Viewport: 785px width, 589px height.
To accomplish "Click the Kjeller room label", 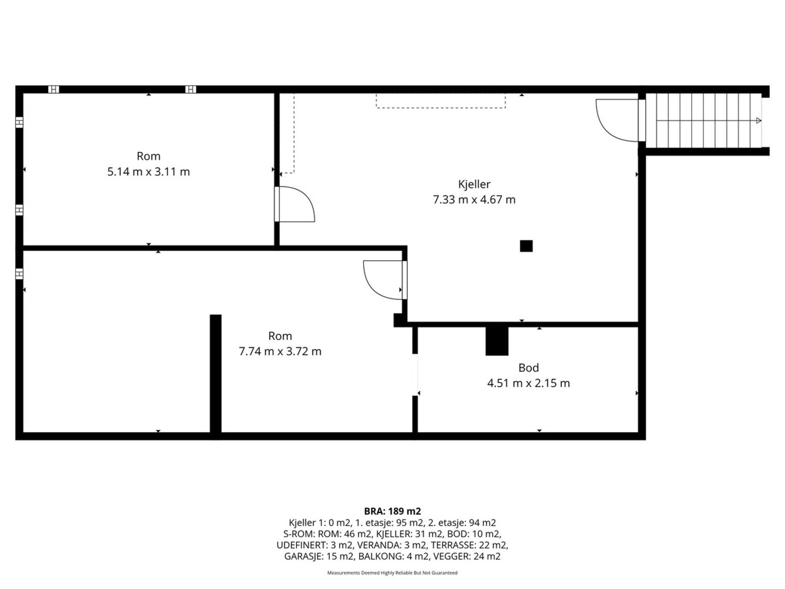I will pyautogui.click(x=474, y=184).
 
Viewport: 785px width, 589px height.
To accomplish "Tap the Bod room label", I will pyautogui.click(x=528, y=368).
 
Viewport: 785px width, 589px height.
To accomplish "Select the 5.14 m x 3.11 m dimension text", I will pyautogui.click(x=148, y=172).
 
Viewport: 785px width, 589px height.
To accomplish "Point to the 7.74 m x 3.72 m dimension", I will pyautogui.click(x=280, y=351).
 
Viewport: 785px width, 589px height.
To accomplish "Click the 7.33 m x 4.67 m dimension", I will pyautogui.click(x=474, y=200).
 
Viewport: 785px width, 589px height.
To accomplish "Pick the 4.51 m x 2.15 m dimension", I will pyautogui.click(x=528, y=383).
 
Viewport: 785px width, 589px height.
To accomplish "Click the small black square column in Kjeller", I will pyautogui.click(x=526, y=246).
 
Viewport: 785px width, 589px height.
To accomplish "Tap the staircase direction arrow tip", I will pyautogui.click(x=759, y=120).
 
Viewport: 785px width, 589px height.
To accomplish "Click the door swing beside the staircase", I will pyautogui.click(x=616, y=120).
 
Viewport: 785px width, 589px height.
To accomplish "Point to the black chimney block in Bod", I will pyautogui.click(x=497, y=341).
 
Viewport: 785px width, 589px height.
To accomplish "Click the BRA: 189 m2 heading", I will pyautogui.click(x=392, y=511).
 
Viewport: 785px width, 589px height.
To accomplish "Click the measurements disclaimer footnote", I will pyautogui.click(x=392, y=573).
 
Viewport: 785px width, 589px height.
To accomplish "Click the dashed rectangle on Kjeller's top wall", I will pyautogui.click(x=441, y=101).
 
